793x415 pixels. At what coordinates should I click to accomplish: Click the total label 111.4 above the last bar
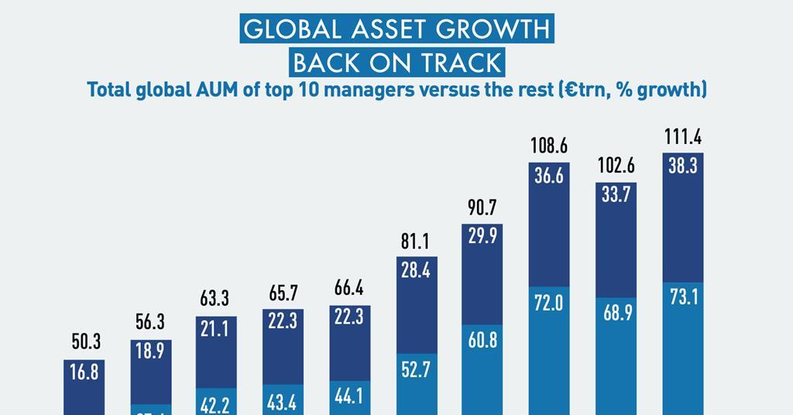[683, 138]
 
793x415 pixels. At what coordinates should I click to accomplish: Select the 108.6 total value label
[549, 146]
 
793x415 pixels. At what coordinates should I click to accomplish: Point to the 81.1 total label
[415, 242]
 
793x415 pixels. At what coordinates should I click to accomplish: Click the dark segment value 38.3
[683, 166]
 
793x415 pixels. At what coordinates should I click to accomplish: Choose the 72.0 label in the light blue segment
[549, 303]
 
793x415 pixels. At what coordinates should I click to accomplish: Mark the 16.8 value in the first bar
[84, 372]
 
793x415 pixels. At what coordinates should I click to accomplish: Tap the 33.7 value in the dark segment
[616, 196]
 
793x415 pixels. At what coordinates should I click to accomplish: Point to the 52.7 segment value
[415, 370]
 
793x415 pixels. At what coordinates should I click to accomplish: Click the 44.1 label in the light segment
[349, 396]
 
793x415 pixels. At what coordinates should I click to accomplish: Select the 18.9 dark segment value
[150, 352]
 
